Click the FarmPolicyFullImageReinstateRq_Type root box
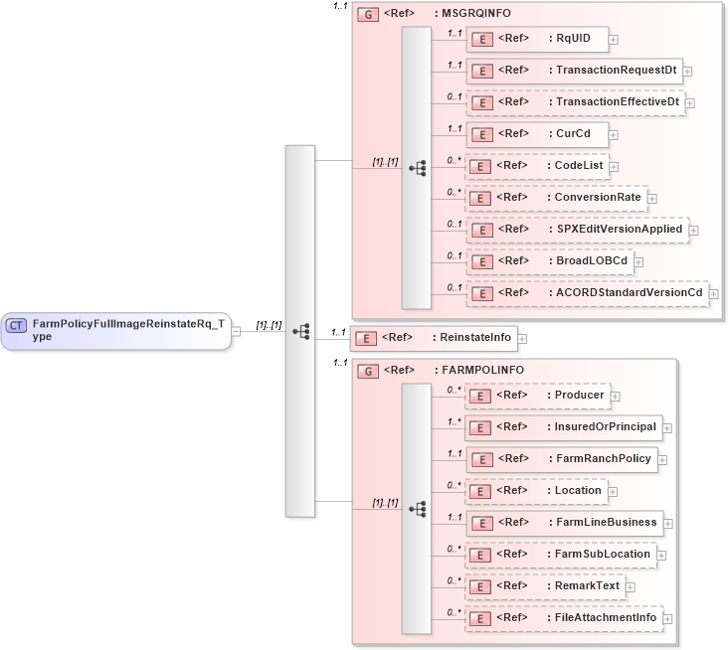[x=116, y=330]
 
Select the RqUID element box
[x=536, y=39]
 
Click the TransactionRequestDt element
[x=574, y=71]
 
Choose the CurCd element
[x=536, y=134]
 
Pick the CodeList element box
[x=537, y=166]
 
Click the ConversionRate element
[x=556, y=198]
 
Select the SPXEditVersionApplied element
[x=577, y=230]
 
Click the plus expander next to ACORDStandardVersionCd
[x=713, y=294]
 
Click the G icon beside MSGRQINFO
[x=367, y=15]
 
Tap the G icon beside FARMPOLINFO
[x=367, y=371]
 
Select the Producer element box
[x=537, y=396]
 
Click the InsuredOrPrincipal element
[x=563, y=427]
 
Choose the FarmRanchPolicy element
[x=561, y=459]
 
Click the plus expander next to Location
[x=614, y=492]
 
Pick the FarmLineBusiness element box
[x=564, y=523]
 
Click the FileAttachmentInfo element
[x=563, y=618]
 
